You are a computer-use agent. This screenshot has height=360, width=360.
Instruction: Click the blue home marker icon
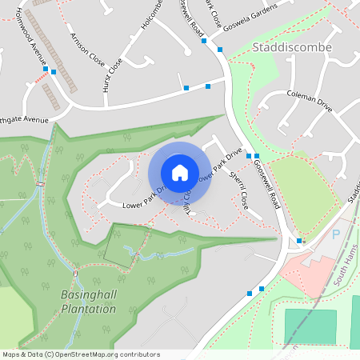180,173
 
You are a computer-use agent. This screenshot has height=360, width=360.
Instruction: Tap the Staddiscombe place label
291,47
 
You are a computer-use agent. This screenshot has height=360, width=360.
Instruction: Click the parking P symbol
335,234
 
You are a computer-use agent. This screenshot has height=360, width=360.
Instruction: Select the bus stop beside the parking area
300,241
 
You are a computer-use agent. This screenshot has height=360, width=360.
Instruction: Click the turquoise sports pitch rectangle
310,326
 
